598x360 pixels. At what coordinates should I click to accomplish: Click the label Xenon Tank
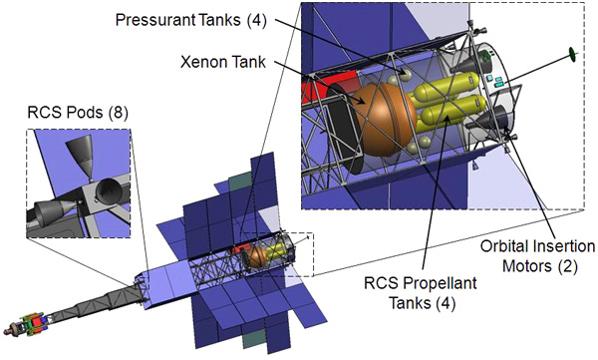223,62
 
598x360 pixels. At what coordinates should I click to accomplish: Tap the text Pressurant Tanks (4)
191,20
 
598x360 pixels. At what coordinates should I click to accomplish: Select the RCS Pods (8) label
78,113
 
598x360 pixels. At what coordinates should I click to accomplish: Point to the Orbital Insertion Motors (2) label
538,256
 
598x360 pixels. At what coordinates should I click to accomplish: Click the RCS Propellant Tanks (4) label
421,293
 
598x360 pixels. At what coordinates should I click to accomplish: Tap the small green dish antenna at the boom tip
572,54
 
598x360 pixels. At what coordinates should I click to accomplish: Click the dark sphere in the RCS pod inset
108,189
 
